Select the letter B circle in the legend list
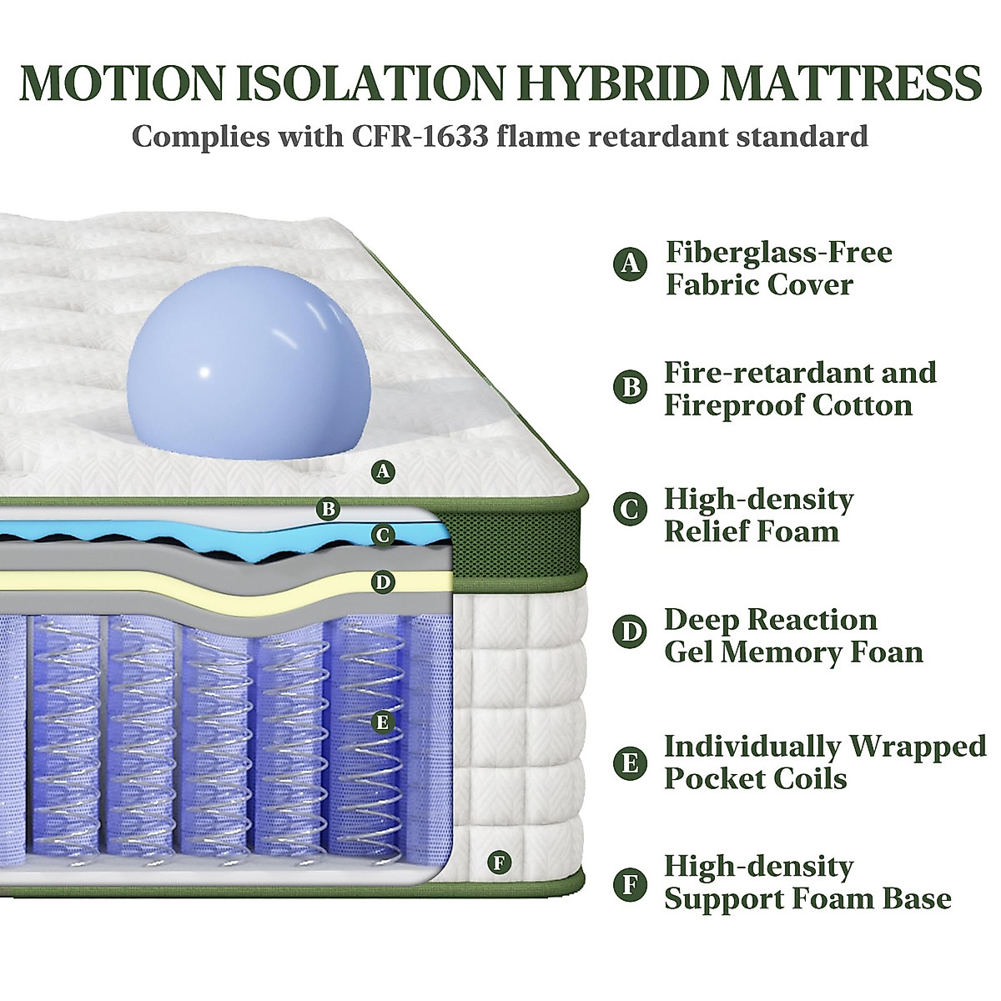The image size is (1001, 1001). (631, 388)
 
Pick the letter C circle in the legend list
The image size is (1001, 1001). (631, 510)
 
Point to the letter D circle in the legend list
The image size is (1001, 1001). (631, 631)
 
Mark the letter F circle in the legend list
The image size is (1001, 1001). (631, 884)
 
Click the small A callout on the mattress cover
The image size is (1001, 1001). (383, 472)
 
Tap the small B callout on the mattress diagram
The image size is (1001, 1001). (329, 508)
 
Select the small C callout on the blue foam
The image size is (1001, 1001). (383, 535)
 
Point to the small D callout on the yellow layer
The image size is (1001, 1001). (383, 582)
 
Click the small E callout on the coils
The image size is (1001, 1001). (383, 722)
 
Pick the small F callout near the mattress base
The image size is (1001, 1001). (499, 863)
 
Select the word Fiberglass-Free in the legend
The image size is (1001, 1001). (778, 251)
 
